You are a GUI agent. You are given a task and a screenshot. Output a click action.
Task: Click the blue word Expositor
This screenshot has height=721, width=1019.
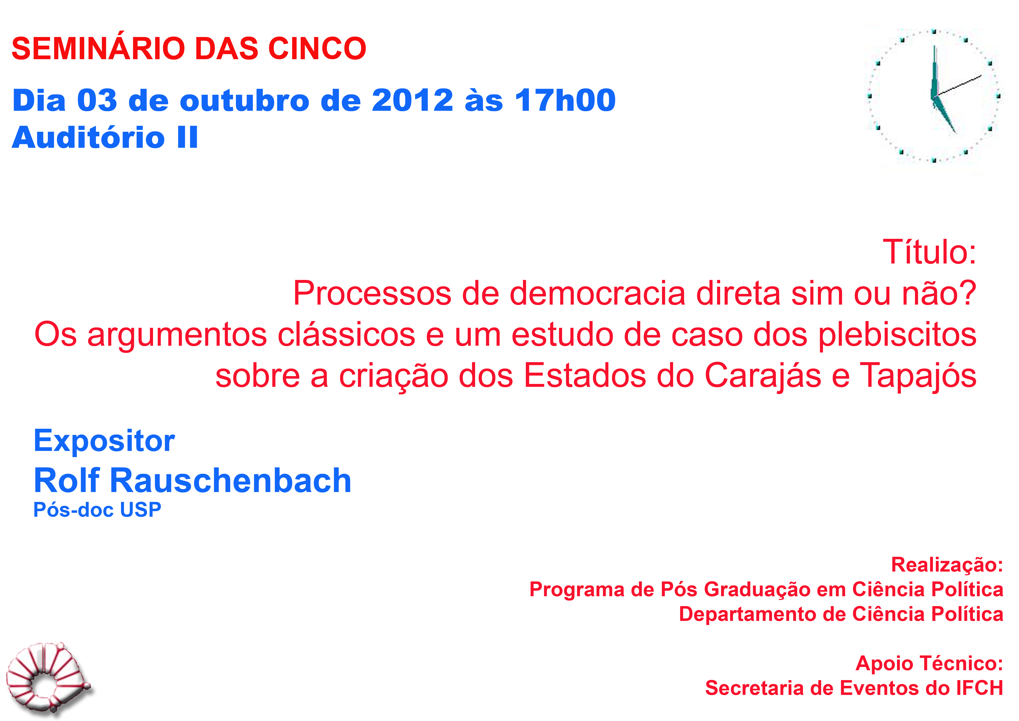pyautogui.click(x=104, y=441)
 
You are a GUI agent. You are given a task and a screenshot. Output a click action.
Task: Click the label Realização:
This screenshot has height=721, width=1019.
pyautogui.click(x=947, y=565)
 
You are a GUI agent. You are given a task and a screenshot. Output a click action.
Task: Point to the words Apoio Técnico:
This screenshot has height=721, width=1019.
pyautogui.click(x=929, y=663)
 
